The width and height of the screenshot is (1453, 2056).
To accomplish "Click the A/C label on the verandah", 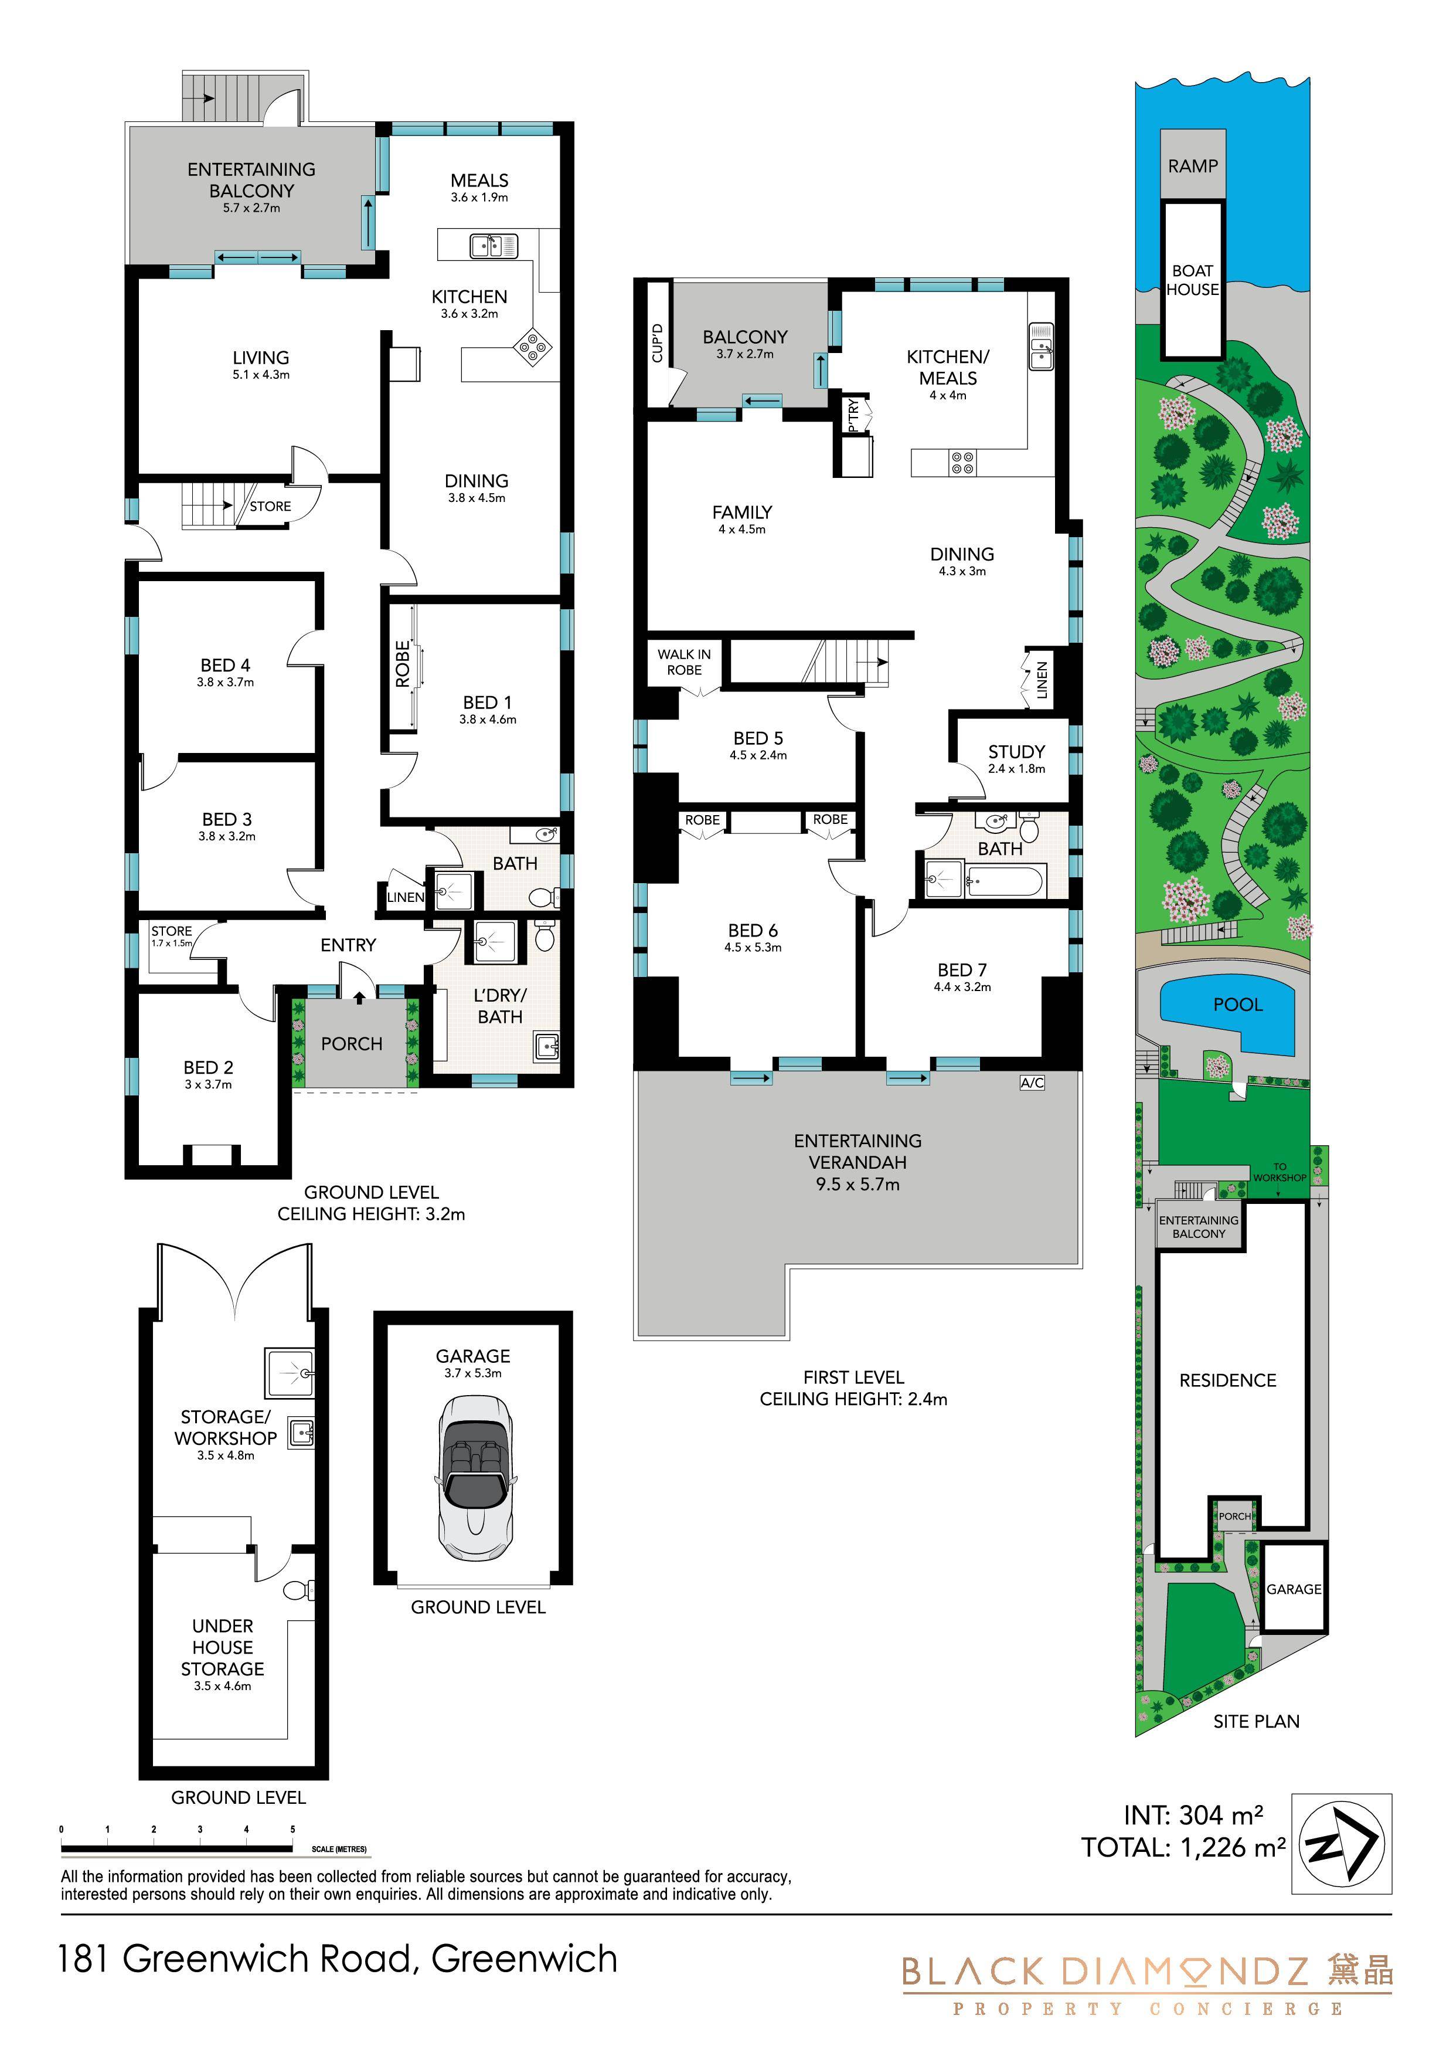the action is (1032, 1083).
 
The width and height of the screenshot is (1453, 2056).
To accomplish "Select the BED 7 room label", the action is (962, 970).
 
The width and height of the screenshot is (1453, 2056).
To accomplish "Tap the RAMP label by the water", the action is (1193, 165).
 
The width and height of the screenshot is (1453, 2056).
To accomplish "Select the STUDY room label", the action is (1016, 751).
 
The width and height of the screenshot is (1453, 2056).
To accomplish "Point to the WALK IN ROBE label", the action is (684, 661).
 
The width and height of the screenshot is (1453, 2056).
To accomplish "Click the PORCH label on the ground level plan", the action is (352, 1043).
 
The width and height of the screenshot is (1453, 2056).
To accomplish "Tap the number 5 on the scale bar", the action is (292, 1830).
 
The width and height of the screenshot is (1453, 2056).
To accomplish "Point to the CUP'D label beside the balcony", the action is (657, 343).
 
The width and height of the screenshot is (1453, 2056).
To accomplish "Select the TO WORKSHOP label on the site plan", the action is (1280, 1172).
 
